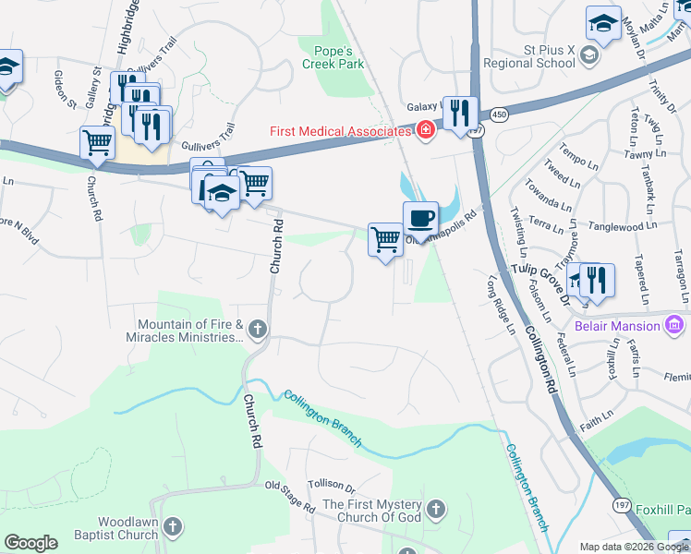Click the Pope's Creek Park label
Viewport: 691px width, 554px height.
(x=333, y=57)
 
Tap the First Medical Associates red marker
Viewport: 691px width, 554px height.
(x=425, y=131)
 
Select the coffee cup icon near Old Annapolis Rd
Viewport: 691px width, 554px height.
(x=420, y=219)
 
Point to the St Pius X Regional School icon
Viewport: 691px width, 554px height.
(x=588, y=57)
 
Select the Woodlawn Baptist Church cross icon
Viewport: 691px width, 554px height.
(x=173, y=528)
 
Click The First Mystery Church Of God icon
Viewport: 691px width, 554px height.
(x=436, y=510)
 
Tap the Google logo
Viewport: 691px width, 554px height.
(x=30, y=543)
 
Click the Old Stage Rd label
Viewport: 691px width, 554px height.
(x=290, y=497)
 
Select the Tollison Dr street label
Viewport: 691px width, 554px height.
(x=332, y=484)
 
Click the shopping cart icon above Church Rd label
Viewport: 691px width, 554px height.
(x=97, y=142)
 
